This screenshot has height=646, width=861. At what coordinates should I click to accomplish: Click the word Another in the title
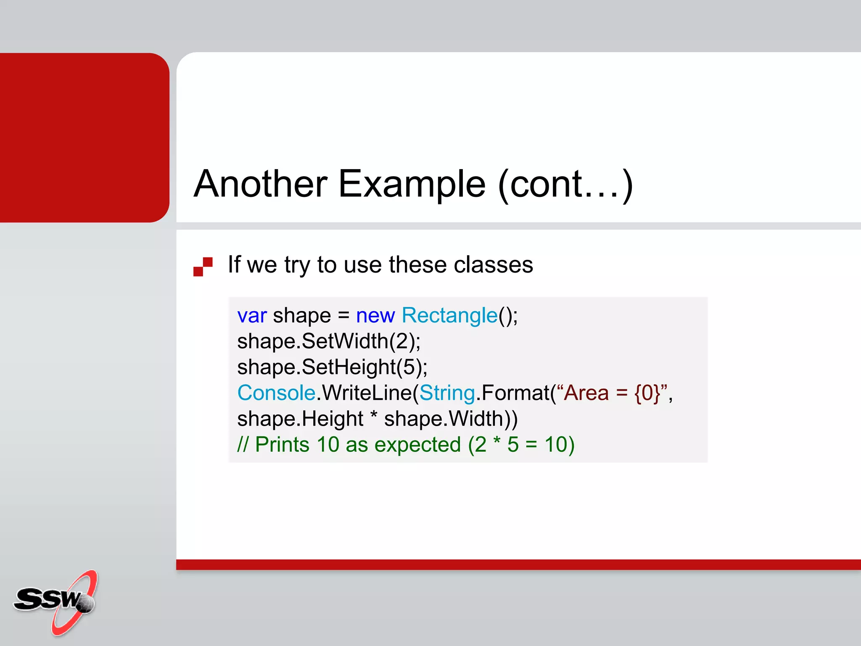[260, 184]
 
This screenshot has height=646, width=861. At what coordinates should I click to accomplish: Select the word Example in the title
[412, 184]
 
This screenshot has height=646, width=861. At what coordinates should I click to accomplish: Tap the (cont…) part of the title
[565, 184]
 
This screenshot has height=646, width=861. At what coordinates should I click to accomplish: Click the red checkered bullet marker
[203, 267]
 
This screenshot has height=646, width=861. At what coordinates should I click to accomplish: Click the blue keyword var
[252, 315]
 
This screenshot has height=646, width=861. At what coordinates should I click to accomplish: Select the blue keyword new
[375, 315]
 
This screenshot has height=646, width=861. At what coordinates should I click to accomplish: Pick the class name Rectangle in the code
[449, 315]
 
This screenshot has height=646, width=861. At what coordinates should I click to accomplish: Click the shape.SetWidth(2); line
[329, 341]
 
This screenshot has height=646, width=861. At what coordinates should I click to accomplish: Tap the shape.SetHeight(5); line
[332, 367]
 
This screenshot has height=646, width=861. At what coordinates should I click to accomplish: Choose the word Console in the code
[276, 393]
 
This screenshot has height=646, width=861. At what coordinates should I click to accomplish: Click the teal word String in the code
[447, 393]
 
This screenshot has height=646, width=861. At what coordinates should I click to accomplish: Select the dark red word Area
[586, 393]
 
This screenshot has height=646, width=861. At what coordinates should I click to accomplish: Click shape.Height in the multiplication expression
[300, 419]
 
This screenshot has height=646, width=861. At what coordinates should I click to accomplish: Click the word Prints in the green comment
[282, 445]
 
